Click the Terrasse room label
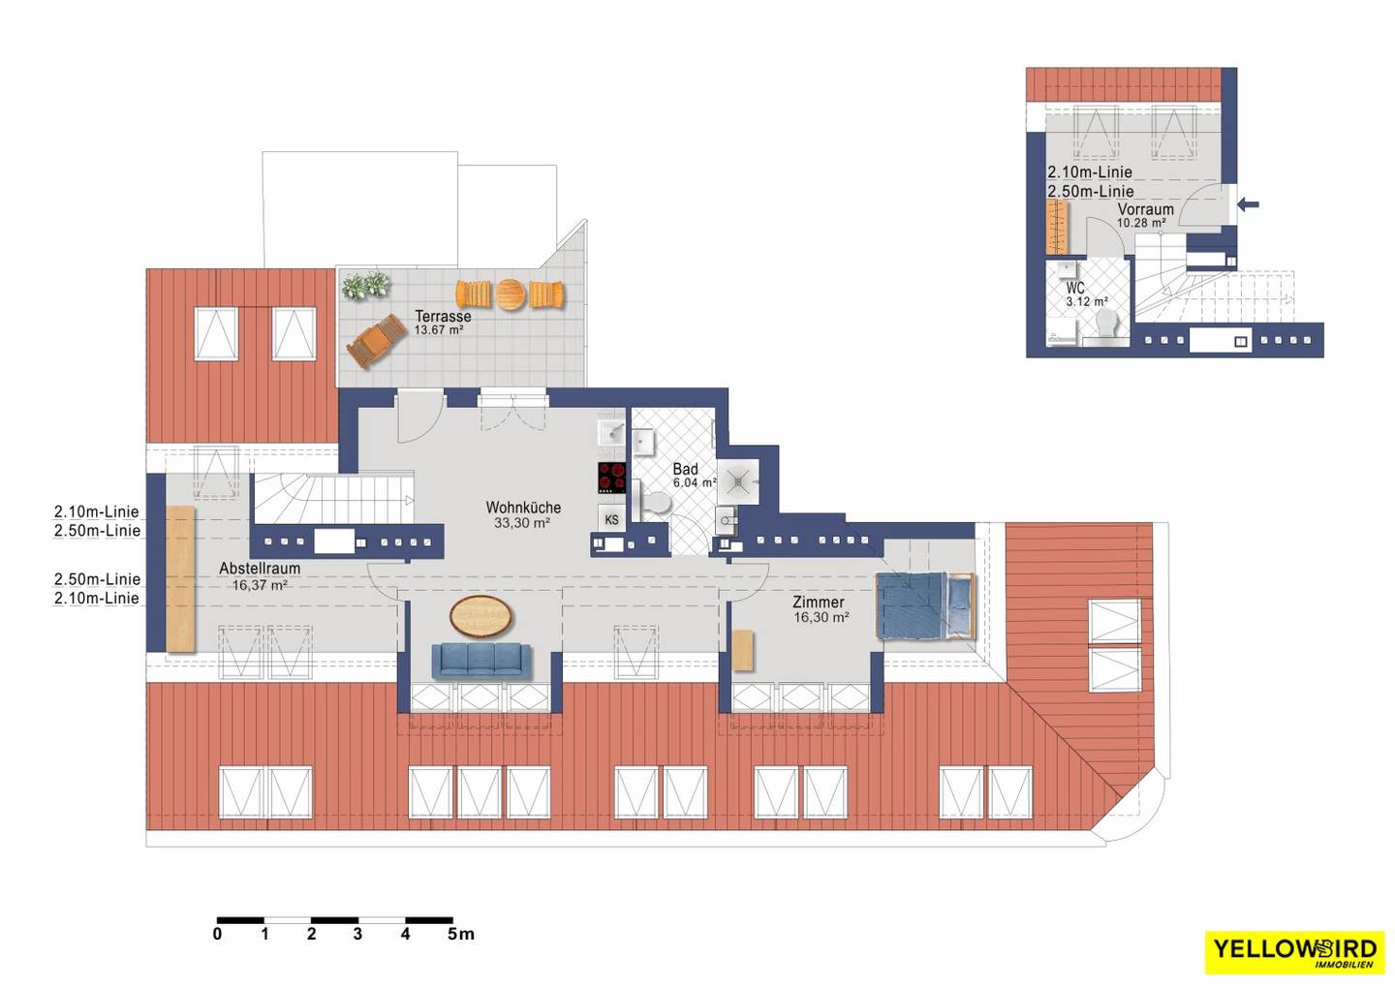pyautogui.click(x=443, y=317)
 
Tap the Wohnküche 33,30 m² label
pyautogui.click(x=523, y=515)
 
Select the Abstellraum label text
pyautogui.click(x=260, y=568)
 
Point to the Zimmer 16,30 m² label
pyautogui.click(x=821, y=609)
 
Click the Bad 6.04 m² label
pyautogui.click(x=694, y=476)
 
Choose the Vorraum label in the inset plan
pyautogui.click(x=1145, y=209)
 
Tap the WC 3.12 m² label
pyautogui.click(x=1086, y=294)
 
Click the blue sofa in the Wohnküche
pyautogui.click(x=481, y=661)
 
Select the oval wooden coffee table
pyautogui.click(x=480, y=616)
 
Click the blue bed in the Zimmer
pyautogui.click(x=924, y=605)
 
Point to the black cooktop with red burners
pyautogui.click(x=611, y=478)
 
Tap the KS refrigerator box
pyautogui.click(x=611, y=519)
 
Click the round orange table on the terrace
pyautogui.click(x=511, y=294)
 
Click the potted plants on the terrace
pyautogui.click(x=366, y=286)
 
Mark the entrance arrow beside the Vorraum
pyautogui.click(x=1249, y=203)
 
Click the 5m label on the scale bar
pyautogui.click(x=461, y=934)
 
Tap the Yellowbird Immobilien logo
pyautogui.click(x=1294, y=951)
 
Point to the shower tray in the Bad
pyautogui.click(x=738, y=482)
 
